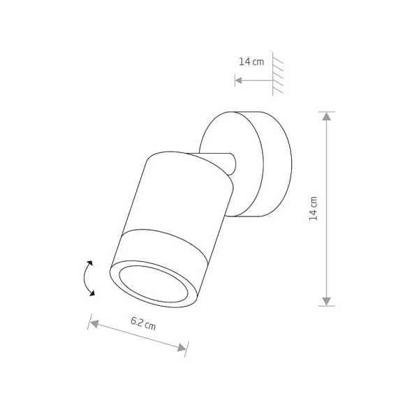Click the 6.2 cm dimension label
[143, 323]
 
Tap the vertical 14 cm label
[313, 209]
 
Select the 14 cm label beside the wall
[251, 61]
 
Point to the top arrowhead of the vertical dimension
[327, 116]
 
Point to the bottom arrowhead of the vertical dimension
[327, 302]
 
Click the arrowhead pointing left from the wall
[238, 80]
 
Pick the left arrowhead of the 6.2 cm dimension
[94, 324]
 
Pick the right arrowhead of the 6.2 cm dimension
[182, 347]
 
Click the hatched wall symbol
[277, 74]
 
